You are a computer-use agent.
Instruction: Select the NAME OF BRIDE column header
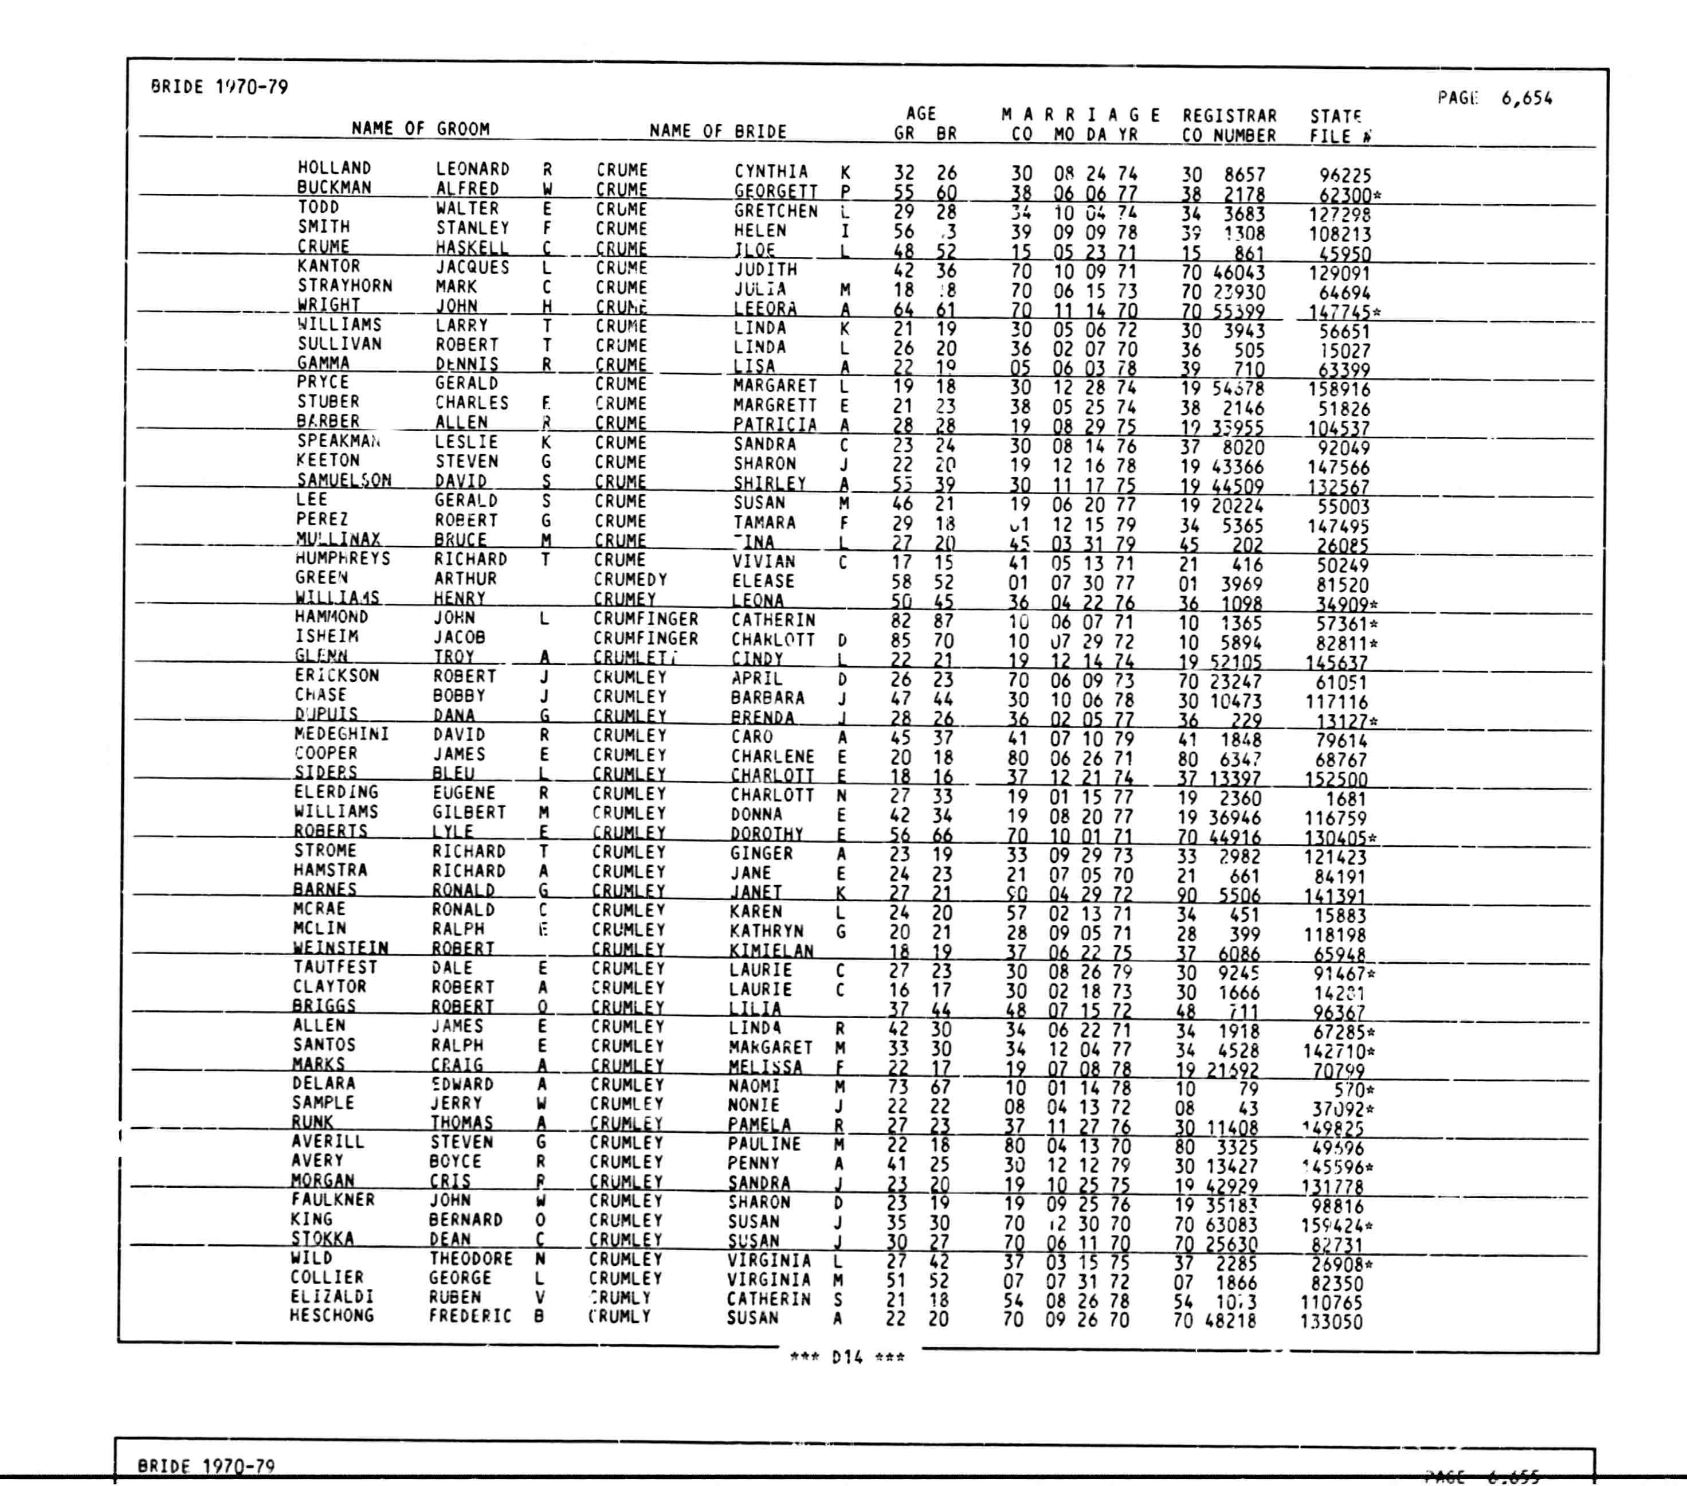pyautogui.click(x=717, y=131)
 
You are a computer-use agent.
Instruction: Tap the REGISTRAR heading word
pyautogui.click(x=1229, y=116)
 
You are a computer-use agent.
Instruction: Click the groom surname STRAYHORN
pyautogui.click(x=345, y=286)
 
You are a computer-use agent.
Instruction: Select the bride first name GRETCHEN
pyautogui.click(x=776, y=212)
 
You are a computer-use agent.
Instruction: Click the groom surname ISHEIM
pyautogui.click(x=326, y=636)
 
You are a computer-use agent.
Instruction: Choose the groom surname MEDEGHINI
pyautogui.click(x=341, y=734)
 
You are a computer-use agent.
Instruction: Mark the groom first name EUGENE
pyautogui.click(x=463, y=792)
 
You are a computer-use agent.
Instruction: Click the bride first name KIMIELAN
pyautogui.click(x=771, y=950)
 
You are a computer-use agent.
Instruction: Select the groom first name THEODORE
pyautogui.click(x=470, y=1258)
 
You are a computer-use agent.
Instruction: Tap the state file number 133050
pyautogui.click(x=1331, y=1321)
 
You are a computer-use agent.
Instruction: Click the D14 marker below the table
pyautogui.click(x=847, y=1357)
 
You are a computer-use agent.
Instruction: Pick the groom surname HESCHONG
pyautogui.click(x=331, y=1315)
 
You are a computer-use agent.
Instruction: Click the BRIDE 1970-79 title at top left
pyautogui.click(x=219, y=87)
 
